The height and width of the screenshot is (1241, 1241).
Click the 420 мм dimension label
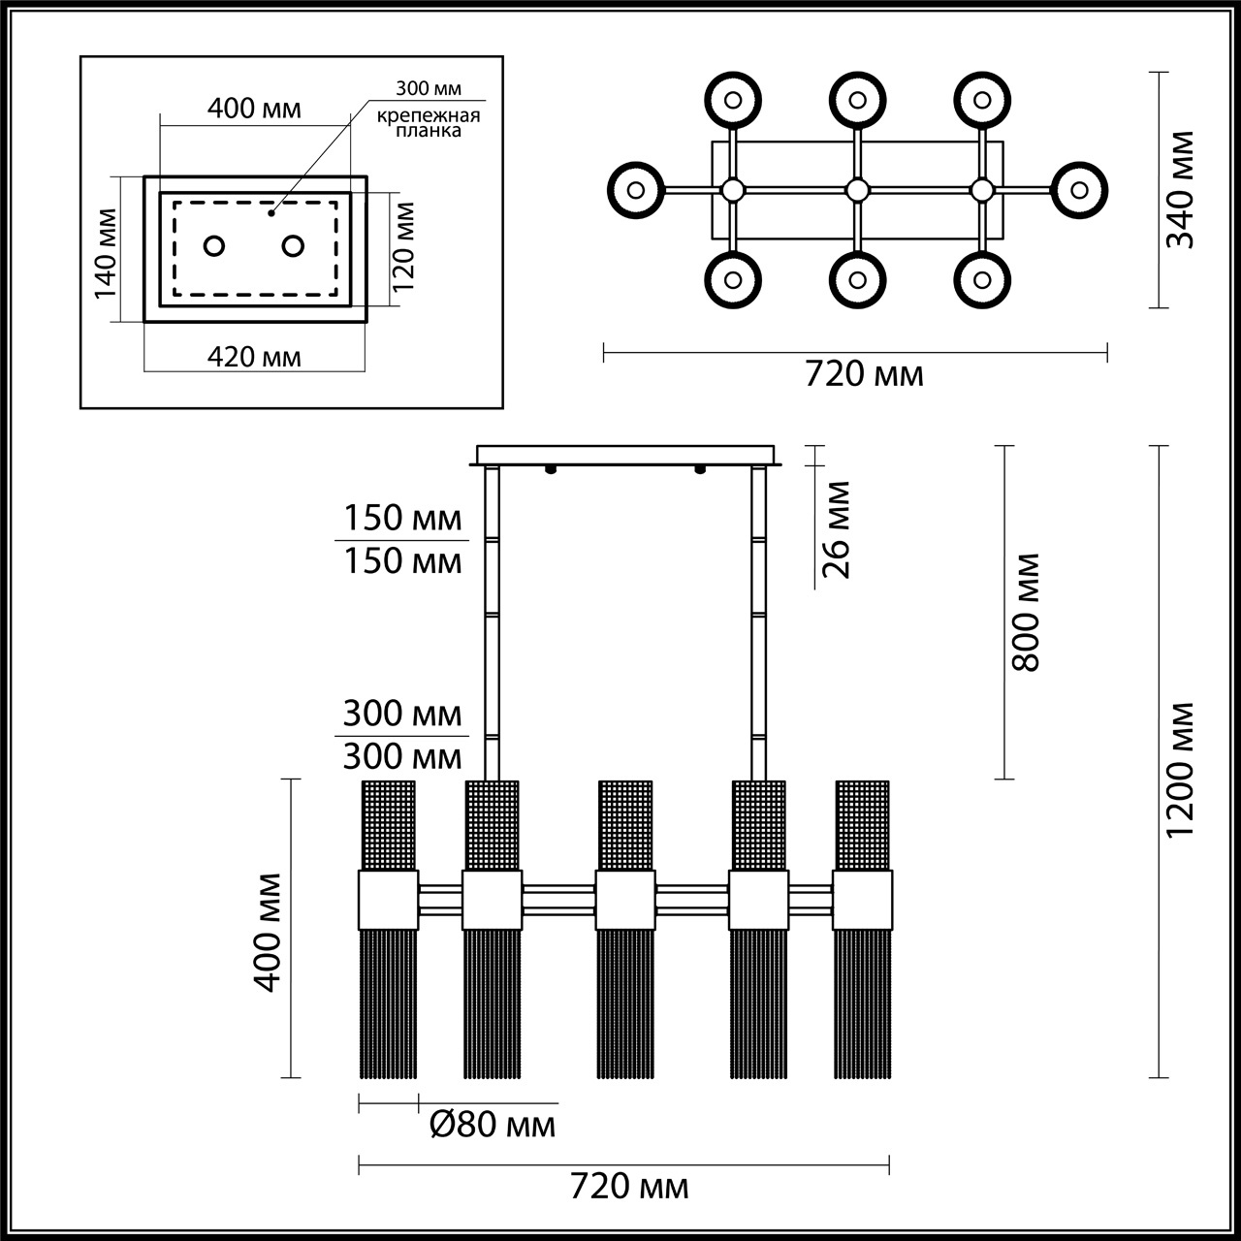click(x=255, y=357)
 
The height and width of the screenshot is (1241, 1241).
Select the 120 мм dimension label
click(x=404, y=247)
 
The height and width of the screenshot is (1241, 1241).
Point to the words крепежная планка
click(x=429, y=123)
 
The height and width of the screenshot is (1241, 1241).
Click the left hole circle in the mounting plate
click(x=214, y=245)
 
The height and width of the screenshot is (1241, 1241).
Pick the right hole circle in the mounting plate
click(x=293, y=245)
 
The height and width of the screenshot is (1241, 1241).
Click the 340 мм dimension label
click(x=1180, y=190)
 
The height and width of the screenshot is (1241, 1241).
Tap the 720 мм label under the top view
click(x=865, y=373)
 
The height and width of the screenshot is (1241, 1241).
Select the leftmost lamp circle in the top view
click(x=636, y=189)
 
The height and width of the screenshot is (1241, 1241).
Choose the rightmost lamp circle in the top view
click(x=1078, y=189)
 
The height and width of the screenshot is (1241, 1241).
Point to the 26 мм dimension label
click(x=836, y=529)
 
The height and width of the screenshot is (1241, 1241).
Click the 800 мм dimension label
click(x=1025, y=613)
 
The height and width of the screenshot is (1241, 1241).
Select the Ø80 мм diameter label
click(x=493, y=1125)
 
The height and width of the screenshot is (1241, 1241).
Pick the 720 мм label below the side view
click(x=630, y=1186)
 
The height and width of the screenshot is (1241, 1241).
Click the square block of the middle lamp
click(x=624, y=900)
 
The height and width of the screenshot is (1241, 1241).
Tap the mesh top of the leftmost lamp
click(x=389, y=824)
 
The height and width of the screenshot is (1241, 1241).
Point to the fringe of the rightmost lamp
click(x=863, y=1003)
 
